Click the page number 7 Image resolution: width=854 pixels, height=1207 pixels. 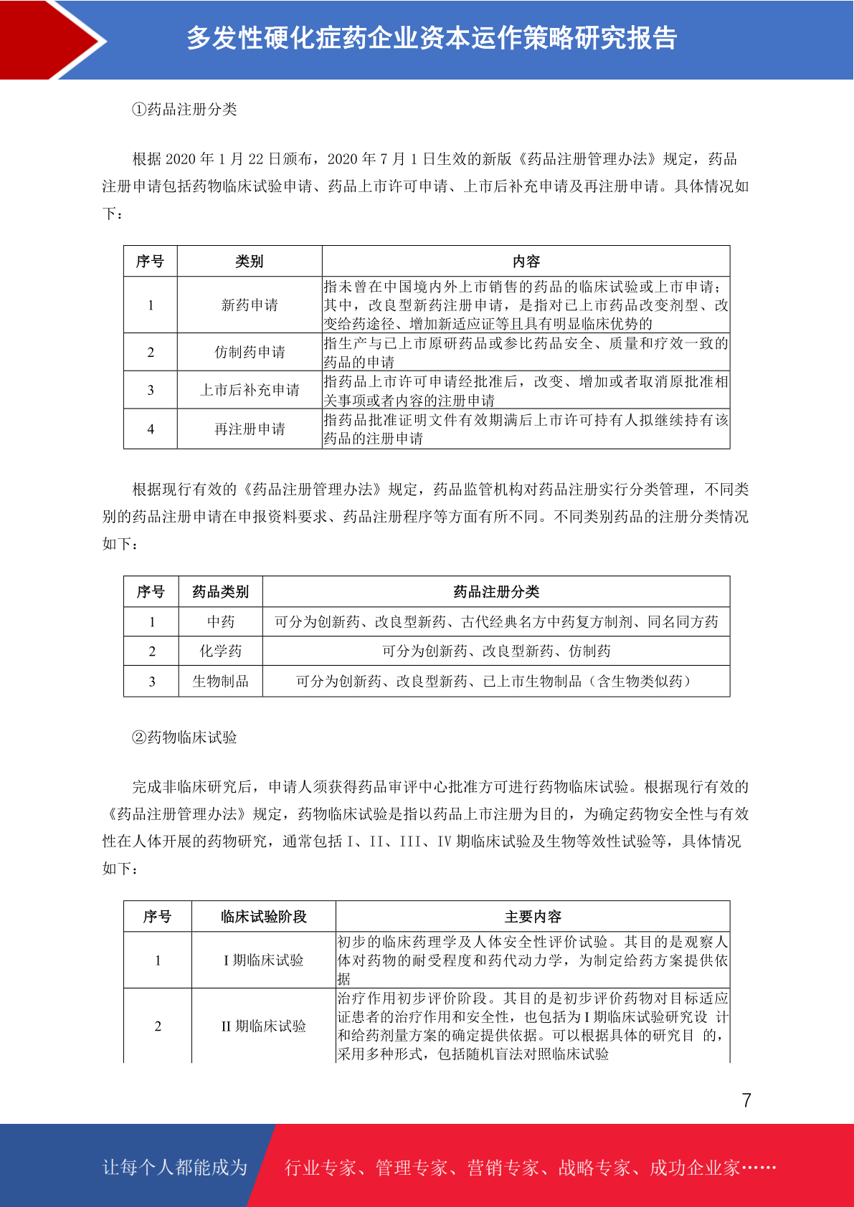tap(746, 1100)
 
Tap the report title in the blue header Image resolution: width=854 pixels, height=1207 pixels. tap(432, 38)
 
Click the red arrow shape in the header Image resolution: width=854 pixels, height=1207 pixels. tap(50, 40)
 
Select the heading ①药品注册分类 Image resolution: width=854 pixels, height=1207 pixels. tap(184, 110)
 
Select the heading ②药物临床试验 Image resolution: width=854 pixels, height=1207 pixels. tap(184, 738)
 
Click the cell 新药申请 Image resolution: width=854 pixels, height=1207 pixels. tap(250, 305)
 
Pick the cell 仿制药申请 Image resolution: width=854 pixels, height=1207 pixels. tap(250, 352)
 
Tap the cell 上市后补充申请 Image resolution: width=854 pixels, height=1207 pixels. tap(250, 390)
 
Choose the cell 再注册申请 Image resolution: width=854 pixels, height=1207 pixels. tap(250, 429)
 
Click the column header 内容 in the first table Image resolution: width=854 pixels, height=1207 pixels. tap(526, 262)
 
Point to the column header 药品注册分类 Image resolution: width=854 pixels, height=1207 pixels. tap(496, 592)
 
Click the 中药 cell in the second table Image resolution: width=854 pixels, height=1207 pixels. tap(221, 622)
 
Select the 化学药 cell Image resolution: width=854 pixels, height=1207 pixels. tap(221, 652)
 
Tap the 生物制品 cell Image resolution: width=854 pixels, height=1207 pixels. tap(221, 682)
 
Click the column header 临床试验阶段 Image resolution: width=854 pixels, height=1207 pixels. tap(263, 917)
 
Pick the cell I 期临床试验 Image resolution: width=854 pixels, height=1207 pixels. tap(263, 960)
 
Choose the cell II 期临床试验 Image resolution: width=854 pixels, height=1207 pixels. tap(263, 1026)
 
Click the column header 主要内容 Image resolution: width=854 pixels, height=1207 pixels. tap(533, 917)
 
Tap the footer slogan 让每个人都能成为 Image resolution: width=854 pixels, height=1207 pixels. tap(175, 1168)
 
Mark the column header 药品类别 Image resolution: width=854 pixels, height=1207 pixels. tap(221, 592)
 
